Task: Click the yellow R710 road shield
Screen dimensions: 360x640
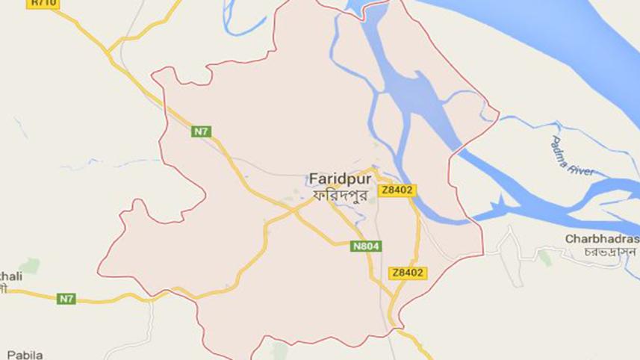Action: [43, 4]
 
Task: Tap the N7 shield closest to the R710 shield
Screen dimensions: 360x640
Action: [201, 132]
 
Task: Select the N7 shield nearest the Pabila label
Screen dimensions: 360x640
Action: [66, 299]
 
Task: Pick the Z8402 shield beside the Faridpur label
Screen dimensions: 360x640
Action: [397, 190]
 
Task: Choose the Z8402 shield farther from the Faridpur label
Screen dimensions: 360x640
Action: [408, 273]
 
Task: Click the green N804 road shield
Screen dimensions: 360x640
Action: [367, 246]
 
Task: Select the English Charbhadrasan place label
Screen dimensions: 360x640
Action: [601, 239]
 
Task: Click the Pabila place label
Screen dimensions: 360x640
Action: [25, 354]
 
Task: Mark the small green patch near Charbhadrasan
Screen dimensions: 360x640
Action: [545, 258]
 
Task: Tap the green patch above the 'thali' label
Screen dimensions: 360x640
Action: [30, 265]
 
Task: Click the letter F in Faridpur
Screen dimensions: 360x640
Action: [311, 180]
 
